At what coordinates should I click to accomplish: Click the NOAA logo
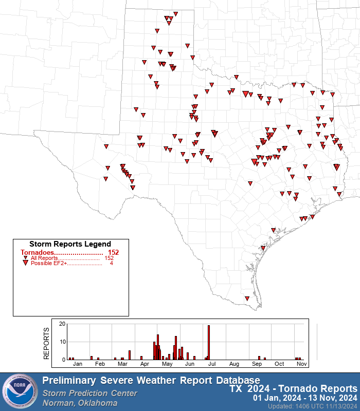pyautogui.click(x=20, y=392)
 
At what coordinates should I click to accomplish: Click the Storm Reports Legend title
pyautogui.click(x=70, y=244)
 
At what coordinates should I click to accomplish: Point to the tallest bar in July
pyautogui.click(x=209, y=342)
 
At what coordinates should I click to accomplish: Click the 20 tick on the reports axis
pyautogui.click(x=62, y=324)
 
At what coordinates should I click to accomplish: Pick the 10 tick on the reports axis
pyautogui.click(x=62, y=342)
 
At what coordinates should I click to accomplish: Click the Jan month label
pyautogui.click(x=78, y=364)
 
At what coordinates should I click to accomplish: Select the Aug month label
pyautogui.click(x=235, y=364)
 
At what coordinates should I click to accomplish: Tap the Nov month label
pyautogui.click(x=302, y=364)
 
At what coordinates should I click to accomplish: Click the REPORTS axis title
pyautogui.click(x=47, y=343)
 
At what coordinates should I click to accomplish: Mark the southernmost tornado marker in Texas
pyautogui.click(x=247, y=298)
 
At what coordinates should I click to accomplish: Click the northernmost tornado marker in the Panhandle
pyautogui.click(x=175, y=14)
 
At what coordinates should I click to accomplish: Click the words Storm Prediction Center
pyautogui.click(x=89, y=393)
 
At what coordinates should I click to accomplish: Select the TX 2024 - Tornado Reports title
pyautogui.click(x=293, y=388)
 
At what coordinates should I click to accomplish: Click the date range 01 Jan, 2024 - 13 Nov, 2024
pyautogui.click(x=305, y=398)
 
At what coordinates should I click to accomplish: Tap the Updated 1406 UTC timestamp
pyautogui.click(x=312, y=406)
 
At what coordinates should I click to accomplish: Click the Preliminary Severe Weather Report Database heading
pyautogui.click(x=151, y=380)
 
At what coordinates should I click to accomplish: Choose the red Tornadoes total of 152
pyautogui.click(x=113, y=252)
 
